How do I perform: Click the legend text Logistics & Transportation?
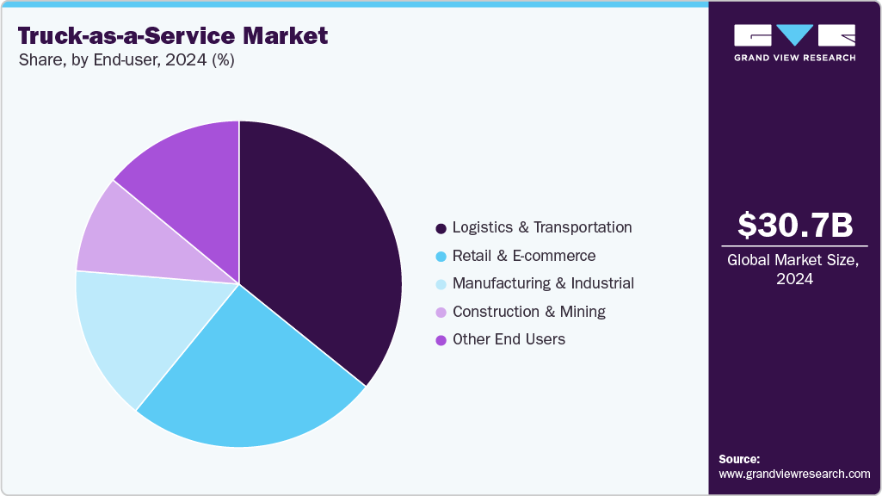coord(542,227)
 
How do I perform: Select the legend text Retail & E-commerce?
coord(524,256)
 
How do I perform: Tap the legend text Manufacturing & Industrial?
coord(543,283)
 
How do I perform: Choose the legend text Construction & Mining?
coord(529,311)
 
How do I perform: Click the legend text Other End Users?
coord(509,339)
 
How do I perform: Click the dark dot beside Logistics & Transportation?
coord(441,228)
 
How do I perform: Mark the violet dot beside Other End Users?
coord(441,340)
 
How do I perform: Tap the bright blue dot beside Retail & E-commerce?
coord(441,257)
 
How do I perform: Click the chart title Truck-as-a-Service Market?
coord(173,36)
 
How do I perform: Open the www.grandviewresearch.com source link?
coord(794,474)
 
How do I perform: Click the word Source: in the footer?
coord(739,459)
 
